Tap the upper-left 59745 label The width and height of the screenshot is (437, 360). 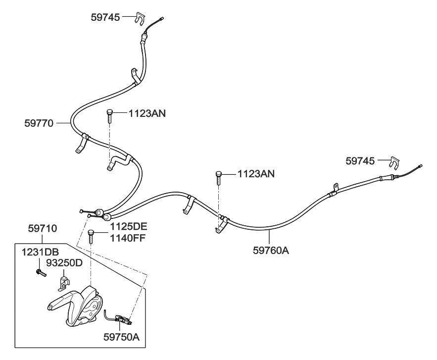[x=105, y=17]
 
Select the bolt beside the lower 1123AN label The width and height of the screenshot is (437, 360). [x=219, y=176]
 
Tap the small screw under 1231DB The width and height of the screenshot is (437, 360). [x=40, y=272]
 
